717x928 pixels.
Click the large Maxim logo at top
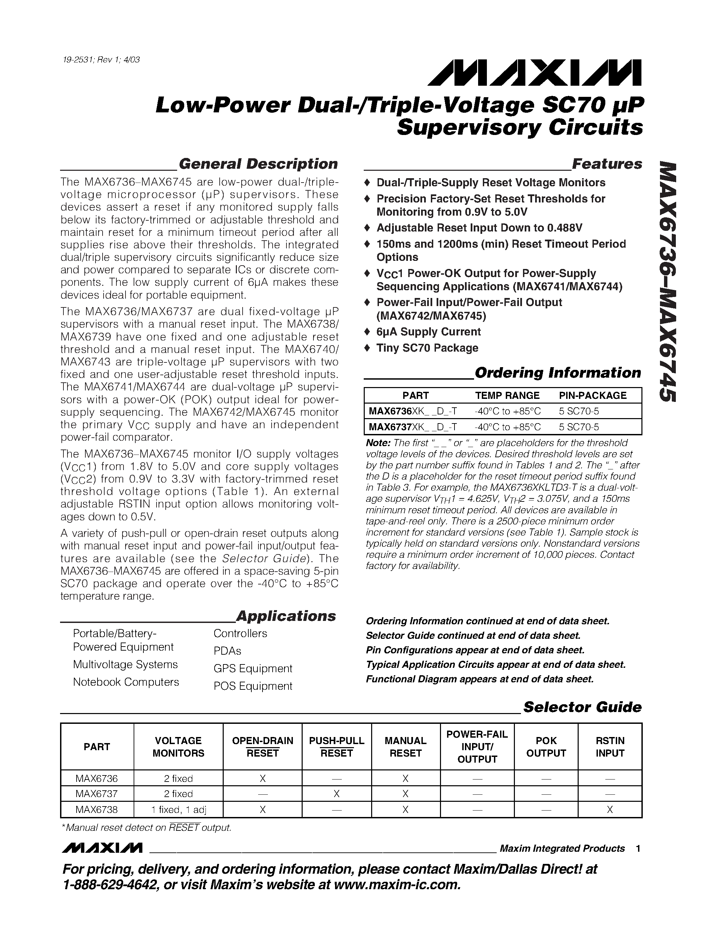534,73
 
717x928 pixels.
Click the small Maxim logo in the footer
102,848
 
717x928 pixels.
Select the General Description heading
258,164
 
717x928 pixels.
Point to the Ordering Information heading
557,373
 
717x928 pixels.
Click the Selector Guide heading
582,707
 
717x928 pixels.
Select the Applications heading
285,616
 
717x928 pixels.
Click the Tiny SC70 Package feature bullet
427,348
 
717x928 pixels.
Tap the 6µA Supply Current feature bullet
428,332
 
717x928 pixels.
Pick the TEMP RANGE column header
507,395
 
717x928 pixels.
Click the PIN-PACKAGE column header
592,395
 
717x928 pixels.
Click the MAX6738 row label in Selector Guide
96,810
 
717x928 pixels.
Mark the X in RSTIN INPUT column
610,810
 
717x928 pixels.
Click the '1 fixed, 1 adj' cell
178,810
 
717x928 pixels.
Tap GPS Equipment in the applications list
253,668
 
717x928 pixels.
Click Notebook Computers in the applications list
126,682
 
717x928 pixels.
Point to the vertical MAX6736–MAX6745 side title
665,280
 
